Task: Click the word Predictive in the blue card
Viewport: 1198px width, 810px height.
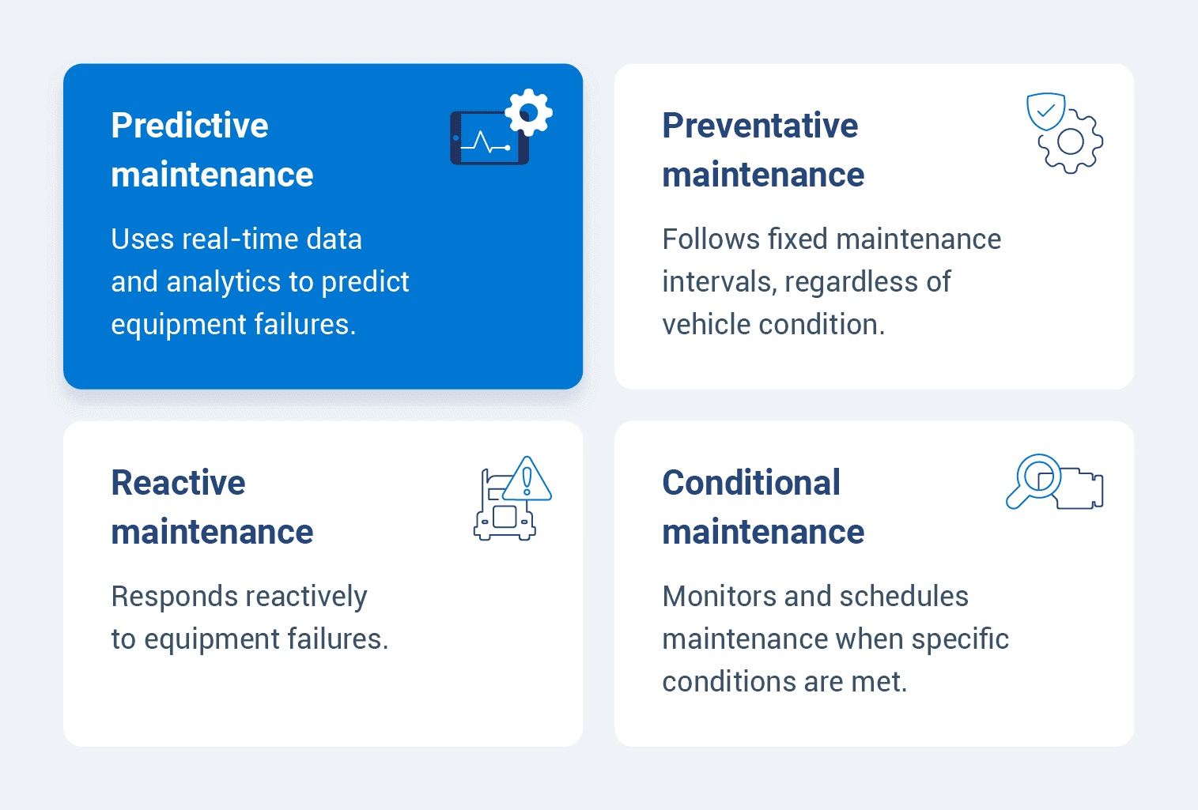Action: coord(190,126)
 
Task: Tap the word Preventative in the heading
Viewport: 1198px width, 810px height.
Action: coord(759,126)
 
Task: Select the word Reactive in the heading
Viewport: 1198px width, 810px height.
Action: coord(178,483)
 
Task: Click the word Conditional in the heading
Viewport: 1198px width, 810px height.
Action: coord(750,483)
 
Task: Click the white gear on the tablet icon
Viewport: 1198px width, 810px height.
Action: coord(528,112)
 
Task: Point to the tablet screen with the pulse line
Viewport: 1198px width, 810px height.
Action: coord(485,139)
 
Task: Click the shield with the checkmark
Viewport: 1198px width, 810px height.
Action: coord(1045,111)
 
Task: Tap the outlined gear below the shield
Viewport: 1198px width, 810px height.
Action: coord(1071,142)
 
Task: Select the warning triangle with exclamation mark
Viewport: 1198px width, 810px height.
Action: coord(527,480)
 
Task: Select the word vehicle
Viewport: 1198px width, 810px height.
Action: coord(706,325)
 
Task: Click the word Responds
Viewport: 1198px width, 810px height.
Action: coord(172,597)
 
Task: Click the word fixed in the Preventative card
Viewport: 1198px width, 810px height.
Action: coord(797,239)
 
